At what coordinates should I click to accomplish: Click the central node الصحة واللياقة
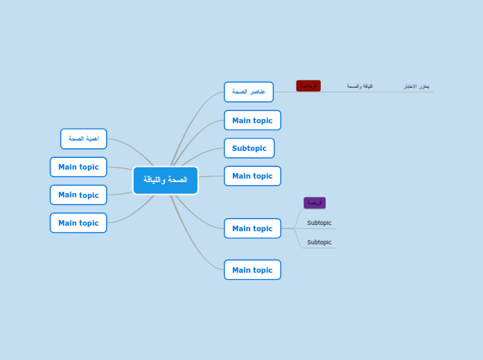[x=165, y=180]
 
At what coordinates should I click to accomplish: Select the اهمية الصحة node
[x=83, y=138]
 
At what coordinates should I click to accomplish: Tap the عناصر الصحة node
[x=248, y=92]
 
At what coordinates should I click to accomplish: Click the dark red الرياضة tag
[x=308, y=86]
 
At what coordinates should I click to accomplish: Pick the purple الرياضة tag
[x=315, y=203]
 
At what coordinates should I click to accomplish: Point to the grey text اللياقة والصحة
[x=360, y=87]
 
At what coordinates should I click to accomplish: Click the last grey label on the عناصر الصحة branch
[x=416, y=87]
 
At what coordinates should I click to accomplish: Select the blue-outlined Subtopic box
[x=249, y=148]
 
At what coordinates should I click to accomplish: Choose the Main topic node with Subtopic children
[x=252, y=228]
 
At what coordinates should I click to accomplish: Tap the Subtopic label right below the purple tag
[x=319, y=223]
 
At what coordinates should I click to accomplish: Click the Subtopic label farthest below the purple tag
[x=319, y=242]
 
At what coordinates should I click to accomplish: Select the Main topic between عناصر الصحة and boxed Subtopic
[x=252, y=120]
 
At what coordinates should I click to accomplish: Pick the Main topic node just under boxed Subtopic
[x=252, y=176]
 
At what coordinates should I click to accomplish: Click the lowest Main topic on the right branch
[x=252, y=270]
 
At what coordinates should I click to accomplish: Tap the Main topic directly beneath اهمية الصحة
[x=78, y=167]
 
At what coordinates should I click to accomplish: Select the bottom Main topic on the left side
[x=78, y=223]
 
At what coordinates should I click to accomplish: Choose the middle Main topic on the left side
[x=78, y=195]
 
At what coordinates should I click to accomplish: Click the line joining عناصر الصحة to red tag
[x=285, y=91]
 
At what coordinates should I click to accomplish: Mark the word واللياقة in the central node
[x=155, y=180]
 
